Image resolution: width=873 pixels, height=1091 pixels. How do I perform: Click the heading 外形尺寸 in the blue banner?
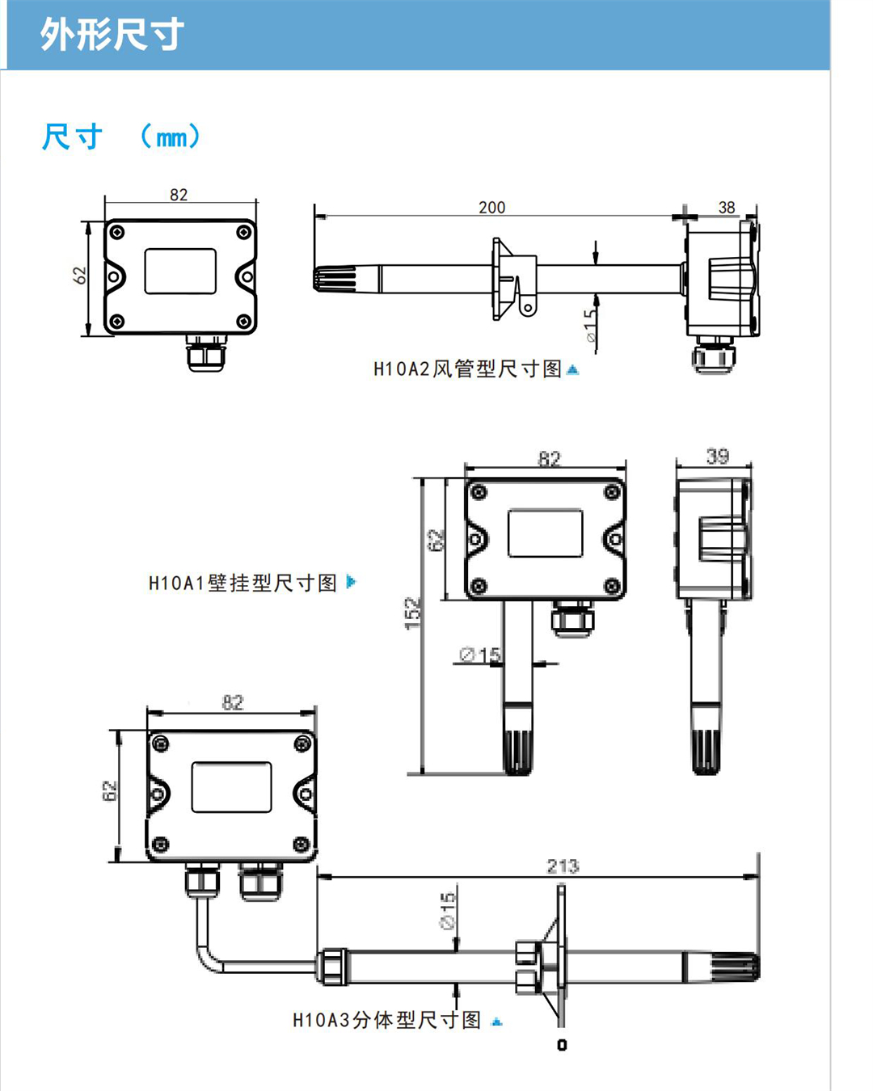pos(112,35)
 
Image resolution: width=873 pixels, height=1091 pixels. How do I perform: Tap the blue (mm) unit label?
pos(170,137)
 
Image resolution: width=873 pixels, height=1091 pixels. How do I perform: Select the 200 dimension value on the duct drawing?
pos(491,208)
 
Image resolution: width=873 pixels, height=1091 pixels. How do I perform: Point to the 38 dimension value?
pos(727,208)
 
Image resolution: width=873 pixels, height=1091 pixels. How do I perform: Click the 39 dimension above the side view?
pos(717,457)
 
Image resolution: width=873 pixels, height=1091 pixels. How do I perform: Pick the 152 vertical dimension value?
pos(413,613)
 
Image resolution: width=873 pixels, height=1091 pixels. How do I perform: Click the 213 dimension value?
pos(563,866)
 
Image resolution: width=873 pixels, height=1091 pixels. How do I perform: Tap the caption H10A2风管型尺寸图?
pos(467,369)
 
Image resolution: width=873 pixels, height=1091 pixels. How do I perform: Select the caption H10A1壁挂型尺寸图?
pos(242,583)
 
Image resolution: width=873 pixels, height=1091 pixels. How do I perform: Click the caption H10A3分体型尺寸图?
pos(386,1020)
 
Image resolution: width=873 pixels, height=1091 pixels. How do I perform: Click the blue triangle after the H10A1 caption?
pos(351,581)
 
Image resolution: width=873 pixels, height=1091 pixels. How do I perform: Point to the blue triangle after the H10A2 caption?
pos(573,369)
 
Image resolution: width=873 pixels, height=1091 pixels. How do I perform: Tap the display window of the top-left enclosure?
pos(180,271)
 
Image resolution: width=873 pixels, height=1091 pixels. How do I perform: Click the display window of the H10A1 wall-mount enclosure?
pos(545,533)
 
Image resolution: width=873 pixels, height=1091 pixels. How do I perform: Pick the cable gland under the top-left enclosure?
pos(205,353)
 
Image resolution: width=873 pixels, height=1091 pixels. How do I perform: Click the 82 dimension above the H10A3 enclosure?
pos(233,702)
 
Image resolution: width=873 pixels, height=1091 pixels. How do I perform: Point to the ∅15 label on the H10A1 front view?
pos(480,655)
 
